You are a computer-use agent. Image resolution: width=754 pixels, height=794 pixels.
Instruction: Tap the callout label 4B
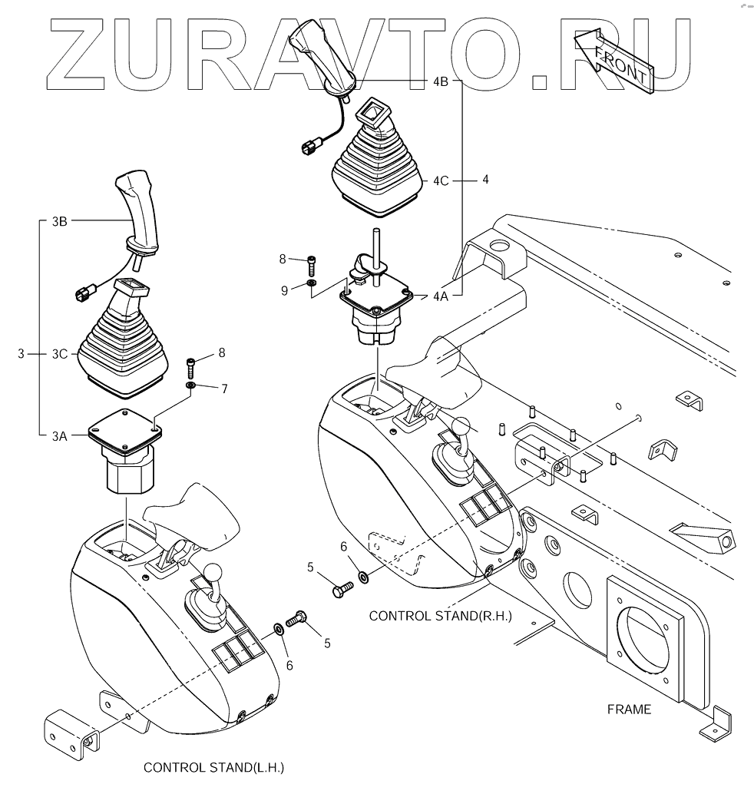(441, 81)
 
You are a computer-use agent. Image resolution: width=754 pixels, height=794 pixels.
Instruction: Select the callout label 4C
(440, 181)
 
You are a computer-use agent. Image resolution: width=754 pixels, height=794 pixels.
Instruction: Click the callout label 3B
(60, 222)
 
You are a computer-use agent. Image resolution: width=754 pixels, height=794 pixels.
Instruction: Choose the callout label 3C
(60, 354)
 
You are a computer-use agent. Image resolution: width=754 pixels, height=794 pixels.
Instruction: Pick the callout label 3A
(60, 436)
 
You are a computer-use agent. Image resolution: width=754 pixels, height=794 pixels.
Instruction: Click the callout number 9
(284, 290)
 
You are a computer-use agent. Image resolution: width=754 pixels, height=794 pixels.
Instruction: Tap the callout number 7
(224, 389)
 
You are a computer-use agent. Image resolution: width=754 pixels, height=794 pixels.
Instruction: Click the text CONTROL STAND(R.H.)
(440, 615)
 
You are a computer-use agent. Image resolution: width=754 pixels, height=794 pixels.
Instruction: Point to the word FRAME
(628, 710)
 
